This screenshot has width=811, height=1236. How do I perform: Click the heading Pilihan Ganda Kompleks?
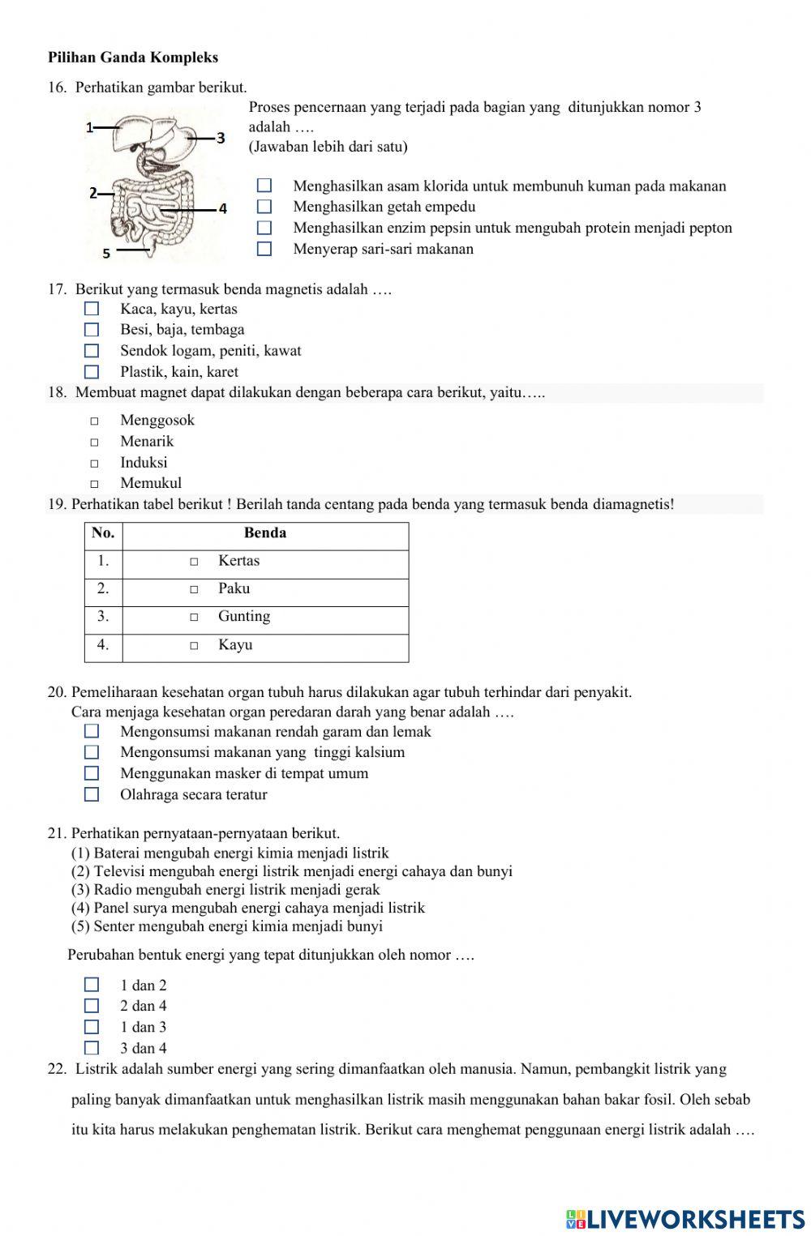point(133,58)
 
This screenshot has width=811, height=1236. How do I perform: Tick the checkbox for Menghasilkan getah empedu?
point(264,207)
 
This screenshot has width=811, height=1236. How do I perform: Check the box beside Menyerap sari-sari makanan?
point(264,249)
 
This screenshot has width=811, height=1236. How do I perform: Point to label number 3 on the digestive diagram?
point(220,139)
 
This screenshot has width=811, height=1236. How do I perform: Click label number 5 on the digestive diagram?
point(106,254)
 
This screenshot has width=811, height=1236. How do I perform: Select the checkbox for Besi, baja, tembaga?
point(92,330)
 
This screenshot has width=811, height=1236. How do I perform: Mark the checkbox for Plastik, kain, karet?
point(92,372)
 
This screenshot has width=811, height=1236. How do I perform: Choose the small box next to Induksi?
point(94,464)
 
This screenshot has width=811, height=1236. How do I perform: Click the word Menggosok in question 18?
point(157,420)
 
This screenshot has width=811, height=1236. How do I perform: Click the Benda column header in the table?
point(265,533)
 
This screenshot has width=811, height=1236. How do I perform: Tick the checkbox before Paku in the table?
point(194,589)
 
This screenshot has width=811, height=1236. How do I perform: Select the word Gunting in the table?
point(244,617)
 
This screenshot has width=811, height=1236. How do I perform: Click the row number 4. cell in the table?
point(103,645)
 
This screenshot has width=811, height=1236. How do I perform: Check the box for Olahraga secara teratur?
point(92,794)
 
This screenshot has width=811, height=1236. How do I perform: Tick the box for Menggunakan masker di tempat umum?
point(92,773)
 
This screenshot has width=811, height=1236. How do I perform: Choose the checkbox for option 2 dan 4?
point(92,1006)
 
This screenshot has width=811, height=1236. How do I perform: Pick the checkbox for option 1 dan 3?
point(92,1027)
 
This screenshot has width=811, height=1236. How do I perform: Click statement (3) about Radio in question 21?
point(225,889)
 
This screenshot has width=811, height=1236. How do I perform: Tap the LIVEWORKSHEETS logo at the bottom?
point(685,1218)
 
